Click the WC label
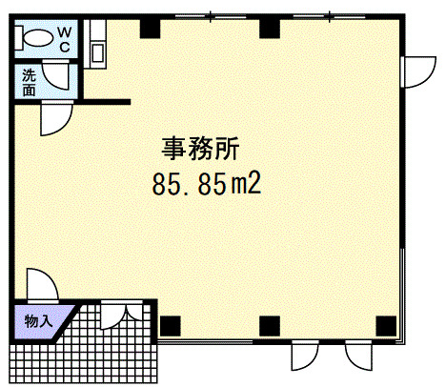coord(65,39)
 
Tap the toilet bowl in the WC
coord(39,39)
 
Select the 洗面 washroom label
coord(29,83)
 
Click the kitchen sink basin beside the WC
coord(97,52)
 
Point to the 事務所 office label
coord(200,149)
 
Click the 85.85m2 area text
coord(207,184)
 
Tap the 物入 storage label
coord(38,321)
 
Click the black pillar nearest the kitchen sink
coord(150,29)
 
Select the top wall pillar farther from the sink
coord(270,29)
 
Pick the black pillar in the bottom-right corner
coord(386,326)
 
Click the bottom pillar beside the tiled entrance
coord(171,326)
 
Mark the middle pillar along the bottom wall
coord(270,326)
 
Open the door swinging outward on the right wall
coord(418,71)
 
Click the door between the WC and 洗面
coord(55,74)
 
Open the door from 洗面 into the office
coord(57,118)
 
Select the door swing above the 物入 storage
coord(43,284)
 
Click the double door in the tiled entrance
coord(122,314)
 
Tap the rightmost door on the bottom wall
coord(358,356)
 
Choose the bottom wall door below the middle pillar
coord(305,356)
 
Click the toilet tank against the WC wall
coord(19,38)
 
